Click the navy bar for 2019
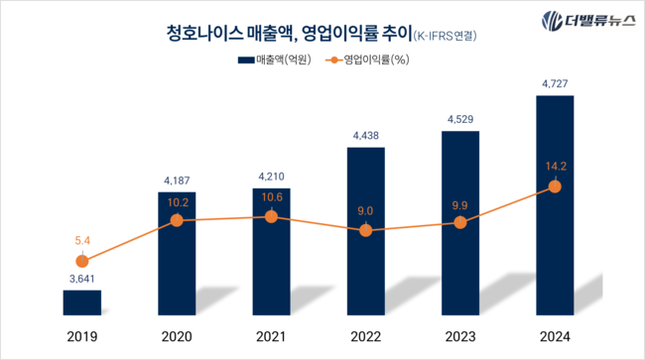point(81,303)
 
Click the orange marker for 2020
point(177,220)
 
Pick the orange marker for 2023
point(459,222)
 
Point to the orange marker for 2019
point(81,261)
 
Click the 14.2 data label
point(554,167)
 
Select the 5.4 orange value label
point(81,240)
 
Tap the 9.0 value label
point(365,210)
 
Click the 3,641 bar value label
point(81,280)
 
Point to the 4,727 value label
point(554,84)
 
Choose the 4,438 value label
point(365,136)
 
